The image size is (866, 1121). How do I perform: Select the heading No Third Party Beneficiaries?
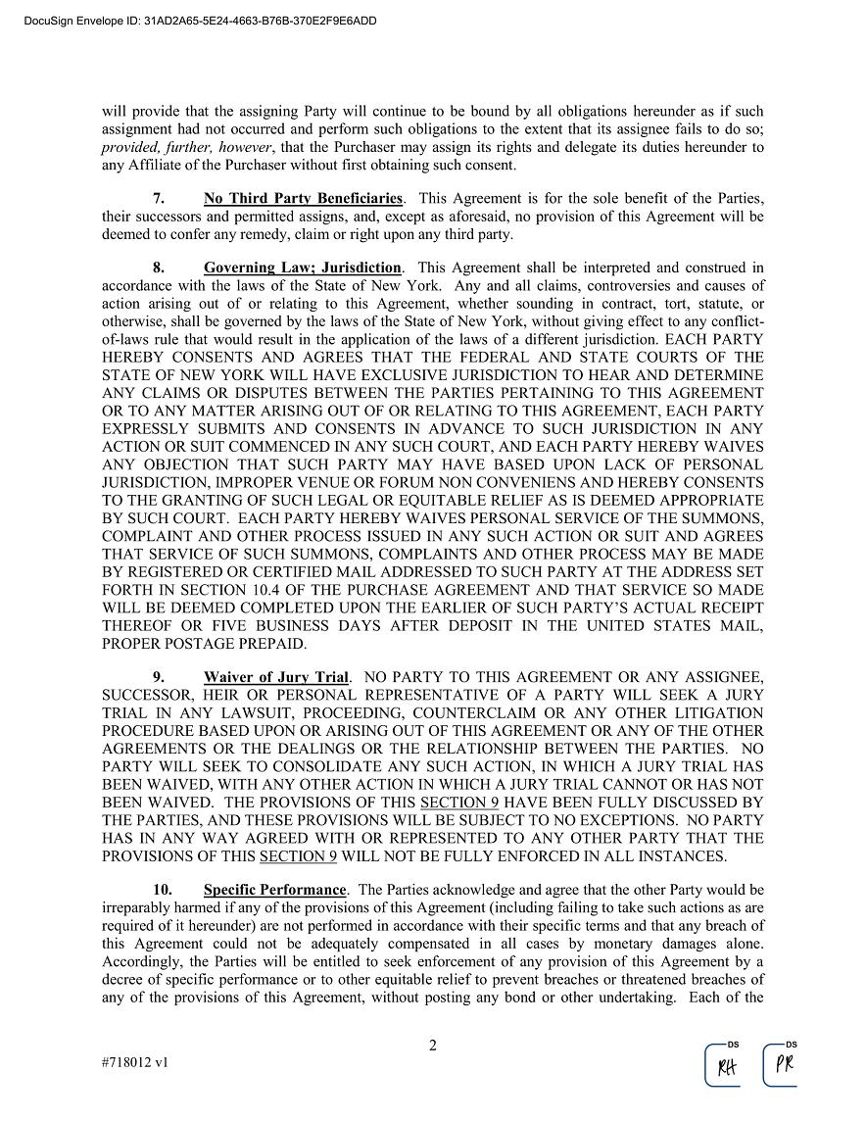pos(303,199)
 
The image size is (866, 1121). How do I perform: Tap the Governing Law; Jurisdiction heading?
pos(303,268)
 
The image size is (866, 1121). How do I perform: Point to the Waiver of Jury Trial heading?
pos(276,678)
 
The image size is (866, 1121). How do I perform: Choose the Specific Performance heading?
pos(275,891)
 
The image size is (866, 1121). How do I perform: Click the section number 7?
pos(158,199)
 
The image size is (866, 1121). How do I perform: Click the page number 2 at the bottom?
pos(432,1046)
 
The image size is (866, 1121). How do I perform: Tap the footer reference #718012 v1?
pos(135,1062)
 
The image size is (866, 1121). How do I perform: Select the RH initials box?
pos(726,1066)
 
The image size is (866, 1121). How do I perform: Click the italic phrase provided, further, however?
pos(182,147)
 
